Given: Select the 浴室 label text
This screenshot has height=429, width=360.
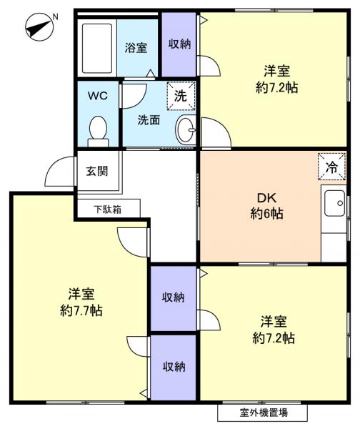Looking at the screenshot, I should pos(136,48).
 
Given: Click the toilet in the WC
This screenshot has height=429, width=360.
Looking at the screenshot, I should pos(98,130).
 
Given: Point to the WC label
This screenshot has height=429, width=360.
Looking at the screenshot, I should pos(98,96).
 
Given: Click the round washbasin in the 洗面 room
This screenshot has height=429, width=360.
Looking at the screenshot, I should pos(185,130).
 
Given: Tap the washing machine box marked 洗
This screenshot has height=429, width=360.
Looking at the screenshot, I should pos(181,97).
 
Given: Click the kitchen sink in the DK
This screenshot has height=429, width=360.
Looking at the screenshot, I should pos(334,207).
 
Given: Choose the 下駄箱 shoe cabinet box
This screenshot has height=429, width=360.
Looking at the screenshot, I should pos(107,209).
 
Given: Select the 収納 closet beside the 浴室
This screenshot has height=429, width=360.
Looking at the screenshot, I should pos(179,44).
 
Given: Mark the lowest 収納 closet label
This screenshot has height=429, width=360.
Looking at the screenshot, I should pos(174,366).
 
